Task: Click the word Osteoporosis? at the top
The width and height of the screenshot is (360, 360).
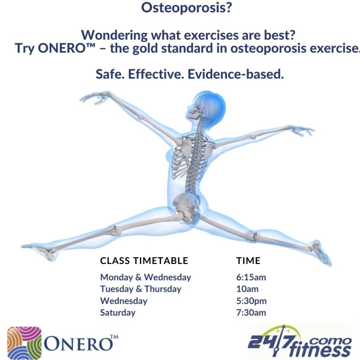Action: (186, 8)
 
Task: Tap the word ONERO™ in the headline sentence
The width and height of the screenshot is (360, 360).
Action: (66, 49)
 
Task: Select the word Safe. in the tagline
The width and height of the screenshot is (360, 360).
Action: (110, 74)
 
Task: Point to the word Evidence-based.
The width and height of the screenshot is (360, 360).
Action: (236, 74)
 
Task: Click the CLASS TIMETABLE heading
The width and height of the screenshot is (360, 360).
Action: (144, 261)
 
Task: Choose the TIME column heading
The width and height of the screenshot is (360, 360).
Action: (249, 261)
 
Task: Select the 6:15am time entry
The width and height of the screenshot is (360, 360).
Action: (251, 277)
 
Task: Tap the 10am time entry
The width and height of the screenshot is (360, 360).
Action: (247, 289)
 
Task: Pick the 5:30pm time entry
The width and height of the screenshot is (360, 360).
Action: (252, 301)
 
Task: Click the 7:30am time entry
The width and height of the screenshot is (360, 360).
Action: (251, 313)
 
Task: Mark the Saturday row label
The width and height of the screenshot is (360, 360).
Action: (118, 313)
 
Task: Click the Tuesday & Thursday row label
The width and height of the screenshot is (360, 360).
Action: (141, 289)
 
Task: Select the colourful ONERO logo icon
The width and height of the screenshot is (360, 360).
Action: (24, 342)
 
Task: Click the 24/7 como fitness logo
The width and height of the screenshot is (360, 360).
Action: (300, 341)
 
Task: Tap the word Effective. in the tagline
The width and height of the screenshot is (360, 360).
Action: (156, 74)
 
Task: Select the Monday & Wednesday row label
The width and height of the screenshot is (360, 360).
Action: (146, 278)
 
